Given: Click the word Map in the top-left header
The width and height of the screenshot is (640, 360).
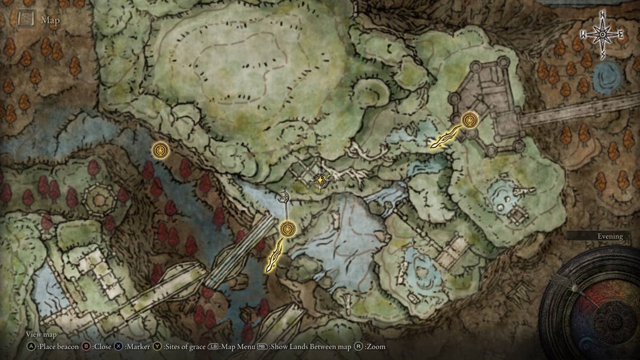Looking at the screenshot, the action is pyautogui.click(x=51, y=21).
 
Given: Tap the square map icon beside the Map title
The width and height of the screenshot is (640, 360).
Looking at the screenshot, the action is pyautogui.click(x=26, y=20).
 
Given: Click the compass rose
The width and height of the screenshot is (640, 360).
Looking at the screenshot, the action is pyautogui.click(x=602, y=35).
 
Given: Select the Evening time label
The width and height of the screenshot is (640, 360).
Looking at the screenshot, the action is pyautogui.click(x=610, y=236).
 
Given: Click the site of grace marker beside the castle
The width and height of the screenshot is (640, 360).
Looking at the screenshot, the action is pyautogui.click(x=469, y=119).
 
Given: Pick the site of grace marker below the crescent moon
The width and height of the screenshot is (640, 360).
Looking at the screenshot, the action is pyautogui.click(x=287, y=229).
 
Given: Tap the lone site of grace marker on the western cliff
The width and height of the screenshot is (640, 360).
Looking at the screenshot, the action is pyautogui.click(x=160, y=150).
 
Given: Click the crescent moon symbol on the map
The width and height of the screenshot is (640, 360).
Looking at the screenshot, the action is pyautogui.click(x=286, y=197).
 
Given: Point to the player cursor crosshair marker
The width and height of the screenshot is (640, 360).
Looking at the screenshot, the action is pyautogui.click(x=319, y=181).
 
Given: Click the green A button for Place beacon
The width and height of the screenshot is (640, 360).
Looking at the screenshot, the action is pyautogui.click(x=30, y=347).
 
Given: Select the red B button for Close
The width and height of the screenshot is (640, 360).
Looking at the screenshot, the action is pyautogui.click(x=86, y=347).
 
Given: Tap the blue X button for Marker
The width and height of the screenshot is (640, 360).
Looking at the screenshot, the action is pyautogui.click(x=118, y=347).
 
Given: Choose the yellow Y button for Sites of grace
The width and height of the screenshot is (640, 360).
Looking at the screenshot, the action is pyautogui.click(x=157, y=347).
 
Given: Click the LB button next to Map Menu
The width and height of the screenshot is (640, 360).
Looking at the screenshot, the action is pyautogui.click(x=214, y=347).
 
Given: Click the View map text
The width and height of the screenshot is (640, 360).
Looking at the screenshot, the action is pyautogui.click(x=41, y=334).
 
